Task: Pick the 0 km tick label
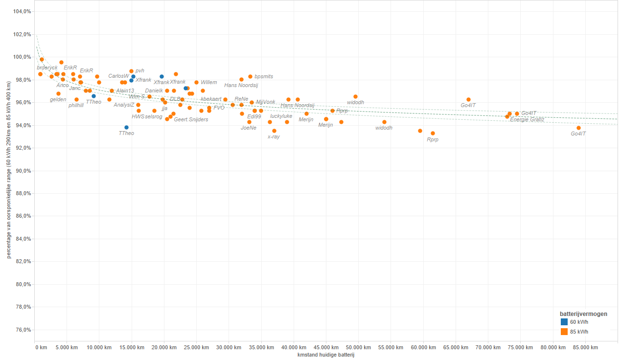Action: tap(41, 348)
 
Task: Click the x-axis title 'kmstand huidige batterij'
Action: tap(325, 355)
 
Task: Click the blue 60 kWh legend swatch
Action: tap(564, 322)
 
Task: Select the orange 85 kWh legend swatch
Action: tap(564, 332)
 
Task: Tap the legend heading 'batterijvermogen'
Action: tap(583, 314)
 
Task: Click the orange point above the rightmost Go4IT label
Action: tap(578, 128)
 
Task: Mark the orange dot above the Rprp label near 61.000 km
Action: tap(433, 133)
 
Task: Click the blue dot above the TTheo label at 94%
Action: tap(126, 127)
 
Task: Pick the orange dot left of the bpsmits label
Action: tap(250, 76)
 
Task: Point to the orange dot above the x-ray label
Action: tap(274, 131)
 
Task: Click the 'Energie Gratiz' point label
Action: tap(527, 120)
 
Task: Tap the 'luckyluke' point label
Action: tap(281, 116)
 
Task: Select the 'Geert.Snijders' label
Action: tap(191, 120)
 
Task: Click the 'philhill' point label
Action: tap(76, 105)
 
